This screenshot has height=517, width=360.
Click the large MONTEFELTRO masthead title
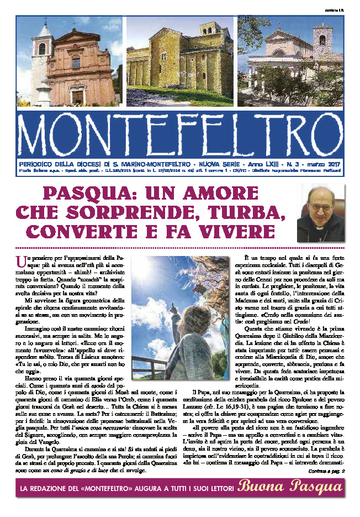pos(180,135)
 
